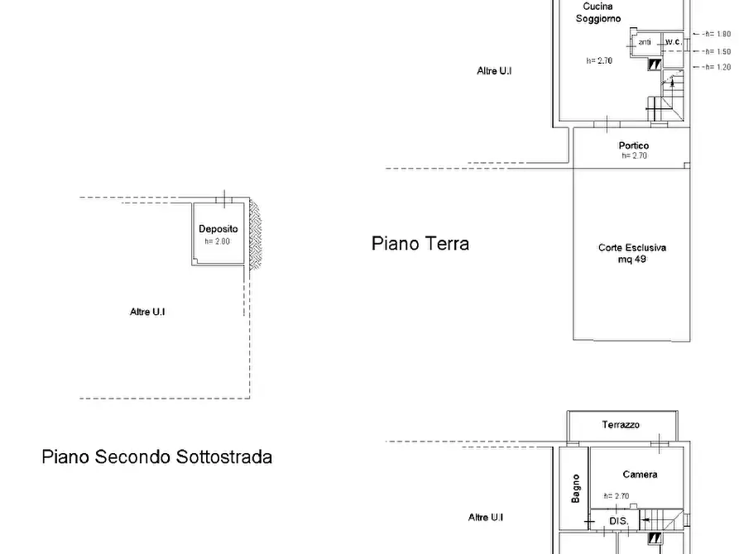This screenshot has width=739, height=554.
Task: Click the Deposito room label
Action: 218,229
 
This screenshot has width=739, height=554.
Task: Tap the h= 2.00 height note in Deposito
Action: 218,241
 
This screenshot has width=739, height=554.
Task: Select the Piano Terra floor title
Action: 420,244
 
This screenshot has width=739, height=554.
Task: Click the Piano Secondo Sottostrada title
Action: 157,457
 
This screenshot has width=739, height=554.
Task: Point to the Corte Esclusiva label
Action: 632,247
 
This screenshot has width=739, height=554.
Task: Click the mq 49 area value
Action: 632,259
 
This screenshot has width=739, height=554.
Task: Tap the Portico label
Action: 634,146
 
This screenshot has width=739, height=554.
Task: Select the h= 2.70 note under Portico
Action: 635,156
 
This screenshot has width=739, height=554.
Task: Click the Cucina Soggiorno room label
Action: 598,12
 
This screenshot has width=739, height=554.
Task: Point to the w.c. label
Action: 674,41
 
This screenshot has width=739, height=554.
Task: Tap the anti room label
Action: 645,42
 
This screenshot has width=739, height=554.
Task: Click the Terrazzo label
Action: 621,424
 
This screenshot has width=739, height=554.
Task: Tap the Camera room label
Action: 640,475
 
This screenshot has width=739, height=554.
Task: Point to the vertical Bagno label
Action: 575,489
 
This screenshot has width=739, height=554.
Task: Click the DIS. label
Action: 619,521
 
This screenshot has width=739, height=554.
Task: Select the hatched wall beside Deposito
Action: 255,234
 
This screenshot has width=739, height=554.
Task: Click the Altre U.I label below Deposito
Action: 147,312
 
